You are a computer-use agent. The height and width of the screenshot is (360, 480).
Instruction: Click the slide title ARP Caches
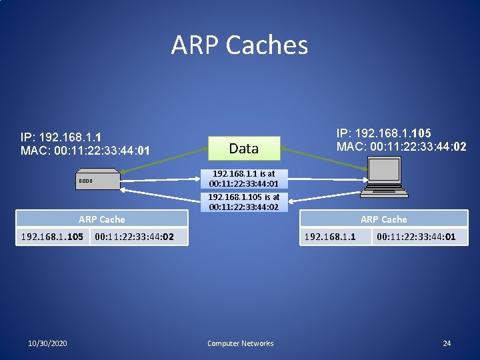239,45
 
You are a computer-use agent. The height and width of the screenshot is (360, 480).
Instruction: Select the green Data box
243,149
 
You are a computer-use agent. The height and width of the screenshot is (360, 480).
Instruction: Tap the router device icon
97,181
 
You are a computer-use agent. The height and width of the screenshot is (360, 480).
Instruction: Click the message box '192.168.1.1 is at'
244,179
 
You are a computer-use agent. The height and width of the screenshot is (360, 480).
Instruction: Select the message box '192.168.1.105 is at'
244,202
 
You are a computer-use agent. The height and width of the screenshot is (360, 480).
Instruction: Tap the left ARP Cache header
102,219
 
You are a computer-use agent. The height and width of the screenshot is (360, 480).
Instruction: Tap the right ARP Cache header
383,219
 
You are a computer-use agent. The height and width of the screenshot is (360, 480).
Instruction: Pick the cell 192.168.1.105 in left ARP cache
52,236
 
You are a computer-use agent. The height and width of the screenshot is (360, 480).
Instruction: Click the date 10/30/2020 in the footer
47,343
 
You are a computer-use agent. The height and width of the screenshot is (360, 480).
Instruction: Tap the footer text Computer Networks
240,343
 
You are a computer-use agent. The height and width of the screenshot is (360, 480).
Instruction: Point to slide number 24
447,343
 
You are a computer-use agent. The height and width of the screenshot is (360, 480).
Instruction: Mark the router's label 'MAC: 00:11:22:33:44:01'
85,151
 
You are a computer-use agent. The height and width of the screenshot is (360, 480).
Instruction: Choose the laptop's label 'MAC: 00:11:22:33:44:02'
401,146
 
